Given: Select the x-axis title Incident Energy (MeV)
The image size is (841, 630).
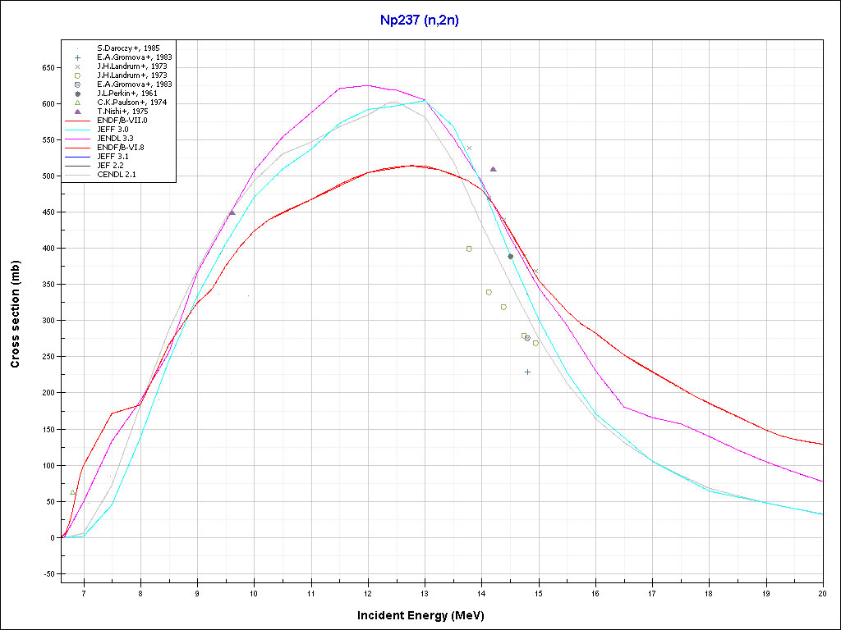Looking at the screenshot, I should (x=426, y=615).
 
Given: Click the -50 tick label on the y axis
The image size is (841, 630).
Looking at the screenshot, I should (x=47, y=574).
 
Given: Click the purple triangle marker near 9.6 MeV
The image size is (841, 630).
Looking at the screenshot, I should (x=232, y=212).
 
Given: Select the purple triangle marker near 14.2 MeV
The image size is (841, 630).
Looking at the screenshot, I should (x=493, y=169).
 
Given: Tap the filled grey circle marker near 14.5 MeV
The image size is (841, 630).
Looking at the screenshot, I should (x=510, y=257).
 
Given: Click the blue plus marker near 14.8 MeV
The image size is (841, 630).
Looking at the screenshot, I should (x=527, y=372).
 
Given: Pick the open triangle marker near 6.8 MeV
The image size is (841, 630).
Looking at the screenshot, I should (x=72, y=492).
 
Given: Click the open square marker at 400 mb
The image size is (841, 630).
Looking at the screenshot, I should (x=469, y=249).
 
